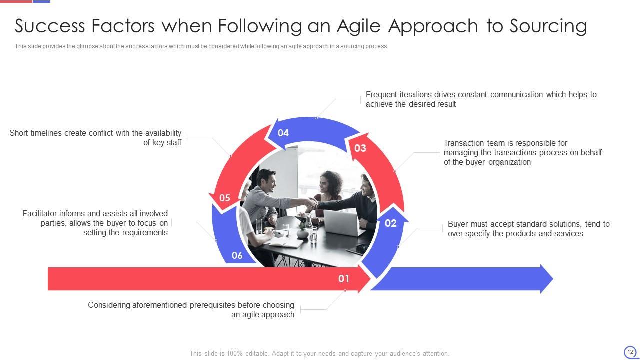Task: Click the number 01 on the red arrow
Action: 343,279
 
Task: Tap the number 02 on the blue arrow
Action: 391,223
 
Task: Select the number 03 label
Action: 360,148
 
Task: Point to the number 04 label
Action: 283,133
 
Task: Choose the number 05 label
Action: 225,198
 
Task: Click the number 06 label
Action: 237,255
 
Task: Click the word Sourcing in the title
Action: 548,27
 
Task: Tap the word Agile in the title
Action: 358,27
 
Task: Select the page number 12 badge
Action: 630,352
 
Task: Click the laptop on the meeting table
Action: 341,223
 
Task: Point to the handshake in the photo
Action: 312,203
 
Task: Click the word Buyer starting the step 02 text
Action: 457,224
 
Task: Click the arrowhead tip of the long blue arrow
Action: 553,279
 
